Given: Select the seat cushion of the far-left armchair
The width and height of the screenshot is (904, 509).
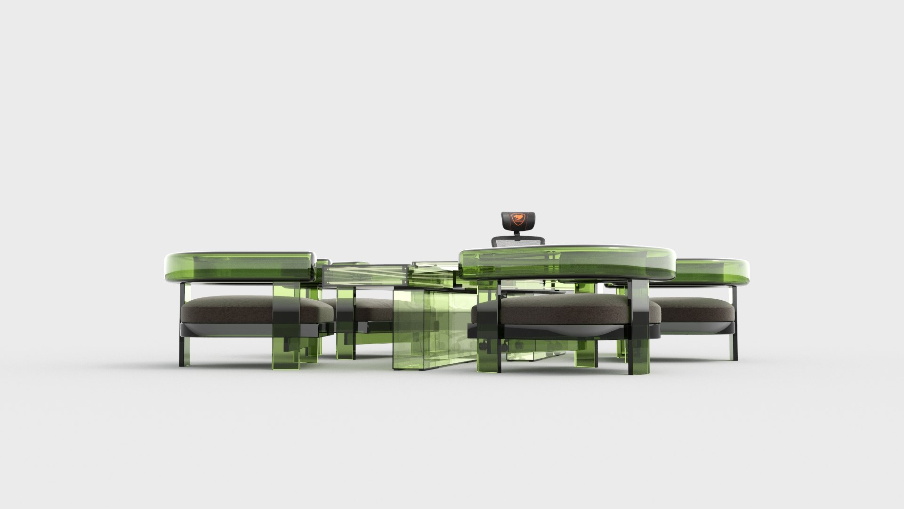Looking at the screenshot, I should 226,307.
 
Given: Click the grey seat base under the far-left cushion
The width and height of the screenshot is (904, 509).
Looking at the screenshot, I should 226,328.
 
